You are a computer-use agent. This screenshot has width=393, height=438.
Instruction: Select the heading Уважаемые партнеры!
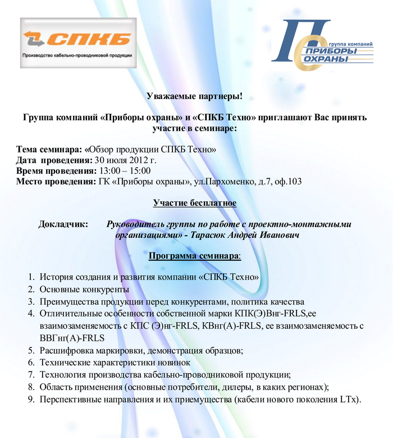click(x=194, y=97)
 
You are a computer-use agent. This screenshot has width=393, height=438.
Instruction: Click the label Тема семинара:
click(x=49, y=150)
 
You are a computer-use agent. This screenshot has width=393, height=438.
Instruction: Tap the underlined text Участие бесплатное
click(x=194, y=202)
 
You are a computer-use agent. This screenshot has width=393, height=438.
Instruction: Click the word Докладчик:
click(x=63, y=224)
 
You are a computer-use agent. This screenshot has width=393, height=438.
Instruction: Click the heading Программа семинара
click(x=194, y=256)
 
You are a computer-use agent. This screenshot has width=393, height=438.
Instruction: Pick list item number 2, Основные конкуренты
click(x=84, y=289)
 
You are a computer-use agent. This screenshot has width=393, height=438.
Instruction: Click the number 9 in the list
click(x=31, y=400)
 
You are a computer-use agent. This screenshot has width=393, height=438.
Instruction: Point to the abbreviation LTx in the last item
click(x=348, y=400)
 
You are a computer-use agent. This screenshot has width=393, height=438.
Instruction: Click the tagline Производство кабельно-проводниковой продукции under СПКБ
click(x=77, y=55)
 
